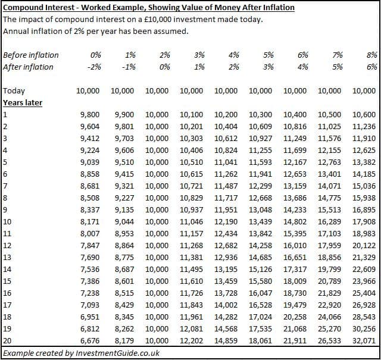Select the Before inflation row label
(x=31, y=55)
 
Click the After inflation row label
(x=28, y=67)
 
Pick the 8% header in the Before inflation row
(x=371, y=55)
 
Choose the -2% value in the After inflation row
(x=94, y=67)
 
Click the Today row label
(x=14, y=91)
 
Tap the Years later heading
(x=23, y=103)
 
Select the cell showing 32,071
(x=364, y=341)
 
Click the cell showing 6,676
(x=90, y=341)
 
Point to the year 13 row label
(x=7, y=258)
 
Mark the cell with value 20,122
(x=364, y=246)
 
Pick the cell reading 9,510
(x=124, y=162)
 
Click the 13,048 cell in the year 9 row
(x=261, y=210)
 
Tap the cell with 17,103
(x=329, y=234)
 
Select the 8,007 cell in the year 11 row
(x=90, y=234)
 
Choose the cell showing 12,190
(x=226, y=222)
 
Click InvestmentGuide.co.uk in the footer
(x=118, y=353)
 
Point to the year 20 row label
(x=7, y=341)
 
